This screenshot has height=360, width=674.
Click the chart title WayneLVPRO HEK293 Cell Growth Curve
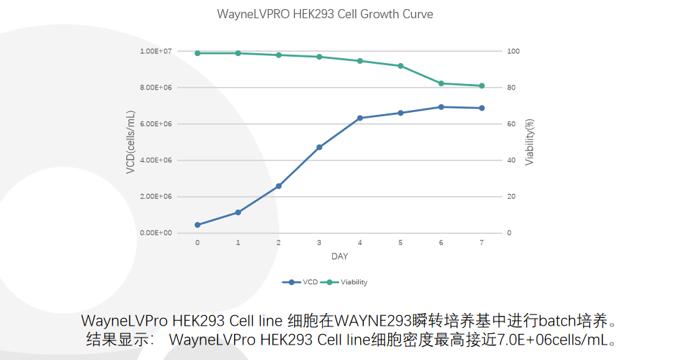(324, 15)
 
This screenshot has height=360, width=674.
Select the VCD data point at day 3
(319, 147)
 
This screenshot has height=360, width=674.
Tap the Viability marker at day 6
(441, 83)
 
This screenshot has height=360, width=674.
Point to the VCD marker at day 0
(198, 225)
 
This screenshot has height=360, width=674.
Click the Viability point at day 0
(198, 53)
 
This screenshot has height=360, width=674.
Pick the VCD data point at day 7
(482, 108)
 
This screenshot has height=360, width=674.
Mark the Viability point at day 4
(360, 61)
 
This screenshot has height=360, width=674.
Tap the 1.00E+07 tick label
(156, 51)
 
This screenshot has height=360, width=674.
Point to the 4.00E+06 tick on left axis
(156, 160)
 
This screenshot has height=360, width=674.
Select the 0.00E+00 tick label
(156, 233)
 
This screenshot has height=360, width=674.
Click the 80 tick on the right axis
(511, 88)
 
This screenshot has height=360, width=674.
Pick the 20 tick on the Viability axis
(511, 196)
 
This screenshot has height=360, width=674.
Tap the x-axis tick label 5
(401, 242)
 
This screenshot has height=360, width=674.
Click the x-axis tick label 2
(279, 242)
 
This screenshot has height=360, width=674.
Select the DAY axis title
(340, 256)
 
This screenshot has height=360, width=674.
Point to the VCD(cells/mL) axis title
(130, 142)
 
